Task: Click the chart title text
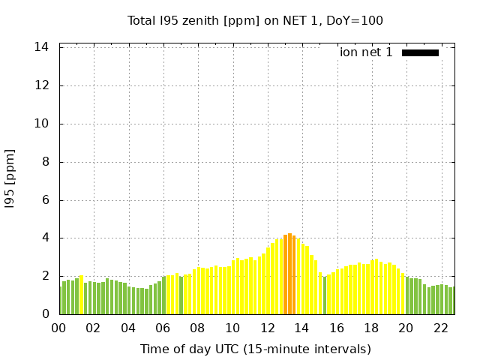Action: [255, 20]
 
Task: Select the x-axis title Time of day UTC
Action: [255, 349]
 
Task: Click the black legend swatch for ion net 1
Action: [420, 52]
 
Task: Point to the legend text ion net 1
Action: [366, 52]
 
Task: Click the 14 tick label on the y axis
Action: [42, 47]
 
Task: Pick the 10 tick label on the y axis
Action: [42, 124]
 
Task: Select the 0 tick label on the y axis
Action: [46, 314]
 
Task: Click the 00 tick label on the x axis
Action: [59, 328]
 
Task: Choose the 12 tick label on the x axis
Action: [268, 328]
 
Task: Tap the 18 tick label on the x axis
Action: [371, 328]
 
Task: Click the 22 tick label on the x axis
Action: [441, 328]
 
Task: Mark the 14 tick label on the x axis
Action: [302, 328]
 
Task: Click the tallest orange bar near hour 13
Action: [289, 274]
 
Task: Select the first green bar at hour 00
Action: [61, 301]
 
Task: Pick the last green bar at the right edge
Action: [453, 301]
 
